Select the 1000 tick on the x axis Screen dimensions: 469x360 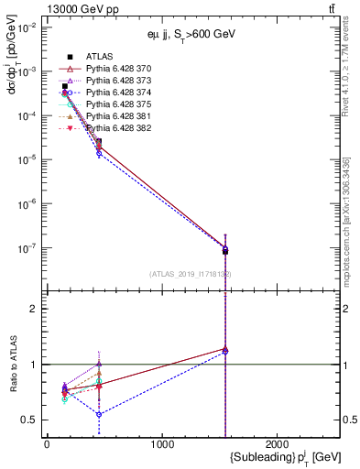pyautogui.click(x=162, y=444)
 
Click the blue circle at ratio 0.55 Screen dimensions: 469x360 pyautogui.click(x=99, y=414)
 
